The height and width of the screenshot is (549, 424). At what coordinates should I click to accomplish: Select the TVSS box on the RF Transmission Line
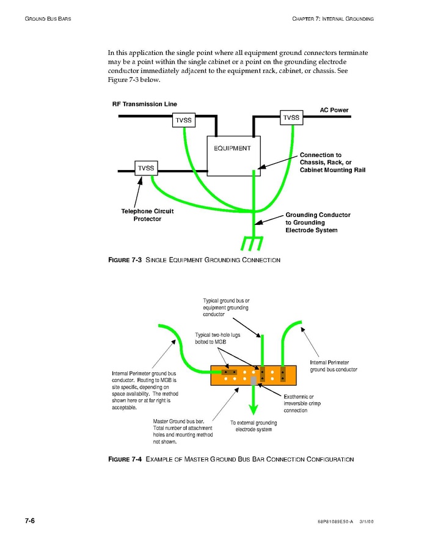184,120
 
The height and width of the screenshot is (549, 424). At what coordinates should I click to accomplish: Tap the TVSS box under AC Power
291,117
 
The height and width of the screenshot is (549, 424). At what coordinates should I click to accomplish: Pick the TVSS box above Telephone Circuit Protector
146,168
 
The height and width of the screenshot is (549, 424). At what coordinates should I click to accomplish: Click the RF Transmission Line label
144,104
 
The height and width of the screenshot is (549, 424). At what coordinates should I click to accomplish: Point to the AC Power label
334,110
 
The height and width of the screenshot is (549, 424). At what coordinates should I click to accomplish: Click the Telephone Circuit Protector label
147,215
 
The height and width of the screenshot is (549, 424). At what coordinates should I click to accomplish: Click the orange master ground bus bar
254,375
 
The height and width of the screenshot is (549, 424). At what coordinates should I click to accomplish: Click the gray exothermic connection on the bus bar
254,380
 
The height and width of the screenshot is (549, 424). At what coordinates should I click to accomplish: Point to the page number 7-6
29,521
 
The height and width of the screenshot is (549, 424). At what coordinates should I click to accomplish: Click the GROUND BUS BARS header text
48,19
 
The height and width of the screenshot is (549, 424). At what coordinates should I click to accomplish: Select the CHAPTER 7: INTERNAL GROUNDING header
333,19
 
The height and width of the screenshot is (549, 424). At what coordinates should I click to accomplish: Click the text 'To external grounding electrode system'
254,426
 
